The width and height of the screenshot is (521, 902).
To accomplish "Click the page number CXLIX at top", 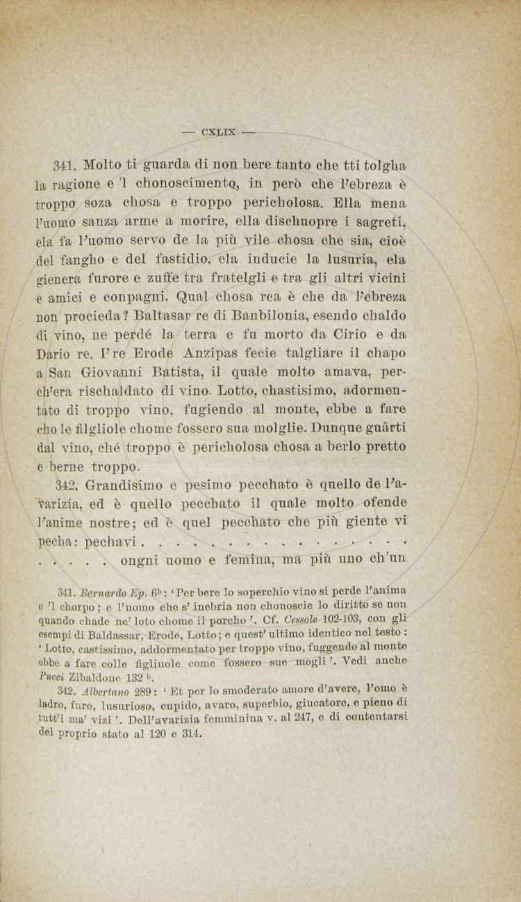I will click(x=218, y=130).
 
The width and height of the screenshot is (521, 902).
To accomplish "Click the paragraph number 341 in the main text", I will click(x=63, y=167).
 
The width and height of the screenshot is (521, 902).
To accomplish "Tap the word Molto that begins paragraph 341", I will click(x=104, y=166).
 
